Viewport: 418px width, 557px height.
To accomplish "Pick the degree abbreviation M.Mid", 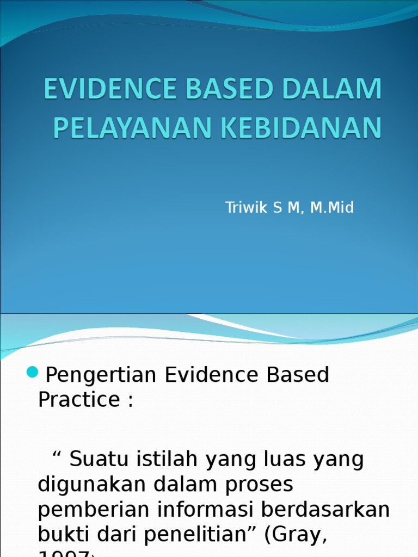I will point(332,207).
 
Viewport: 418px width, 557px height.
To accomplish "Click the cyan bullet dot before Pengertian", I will point(33,373).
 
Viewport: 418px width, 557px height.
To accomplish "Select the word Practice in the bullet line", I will point(79,400).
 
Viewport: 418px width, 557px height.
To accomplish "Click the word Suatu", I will point(96,459).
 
